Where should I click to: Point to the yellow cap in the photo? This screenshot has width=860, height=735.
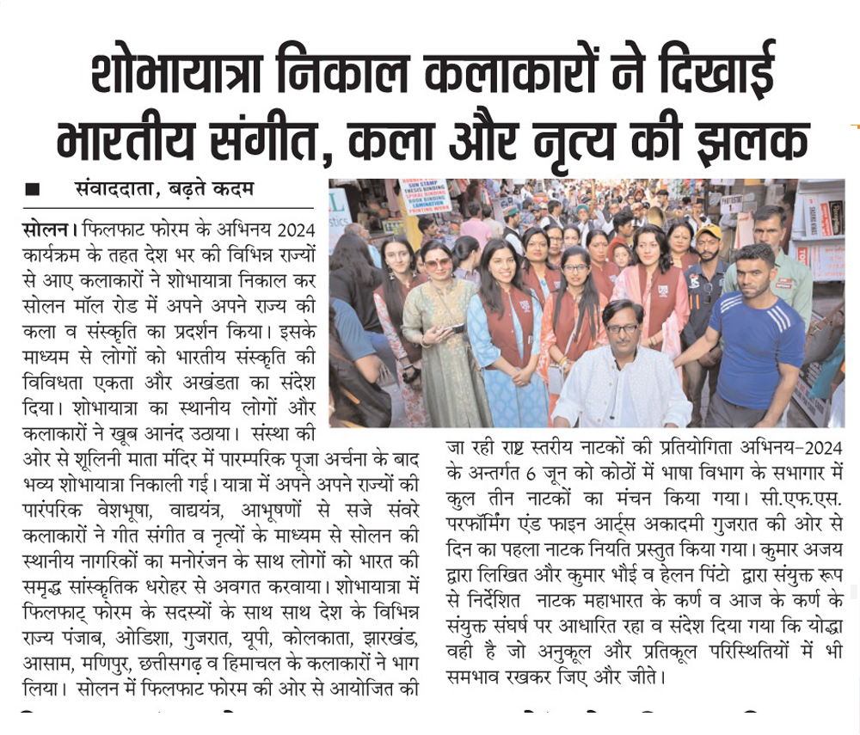(x=709, y=232)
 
